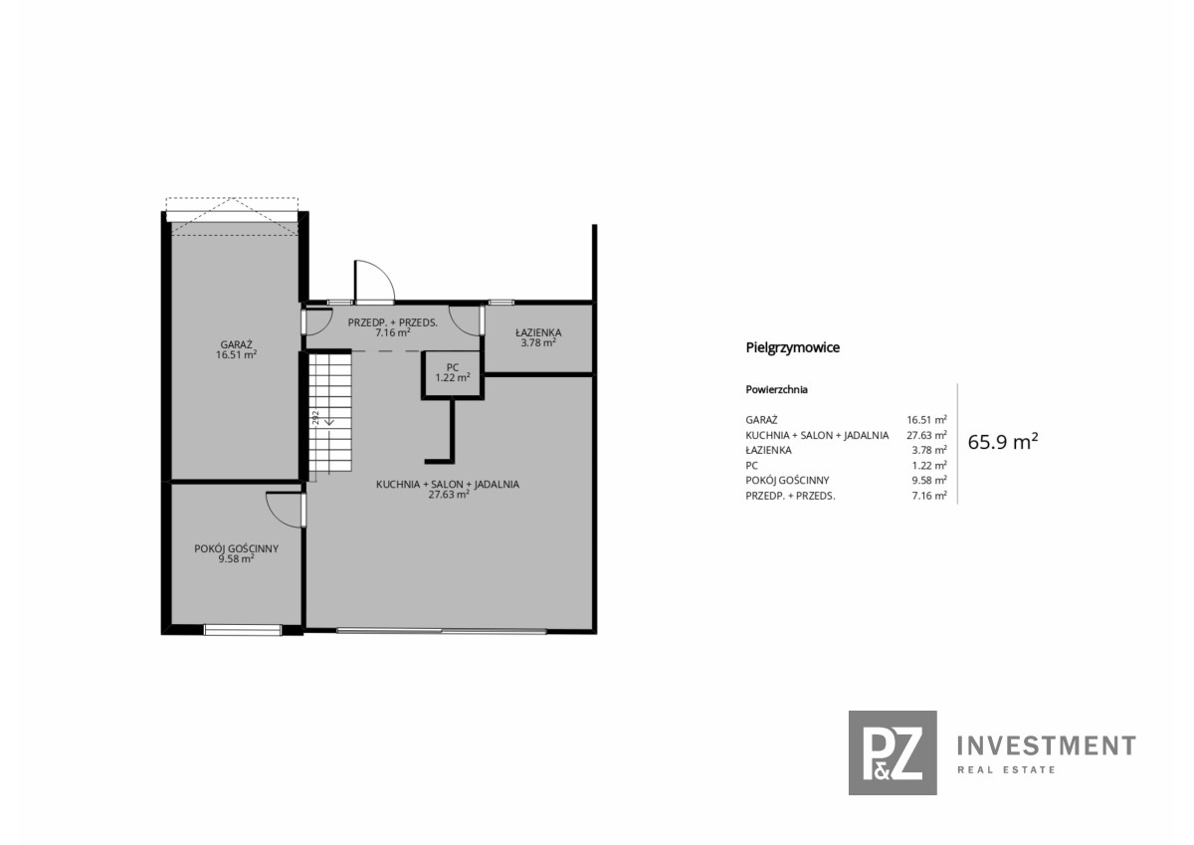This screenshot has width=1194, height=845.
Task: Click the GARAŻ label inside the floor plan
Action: [236, 345]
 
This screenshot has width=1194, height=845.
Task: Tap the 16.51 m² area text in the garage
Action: [236, 355]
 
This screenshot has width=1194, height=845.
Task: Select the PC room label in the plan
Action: [453, 367]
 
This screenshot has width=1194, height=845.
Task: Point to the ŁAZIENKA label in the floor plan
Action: [538, 332]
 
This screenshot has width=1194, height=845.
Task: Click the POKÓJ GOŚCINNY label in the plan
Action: [236, 548]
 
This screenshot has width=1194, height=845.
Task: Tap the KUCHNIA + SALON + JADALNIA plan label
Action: [448, 485]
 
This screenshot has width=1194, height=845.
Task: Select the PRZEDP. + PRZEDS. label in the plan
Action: [393, 322]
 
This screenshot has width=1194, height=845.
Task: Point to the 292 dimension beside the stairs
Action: [315, 417]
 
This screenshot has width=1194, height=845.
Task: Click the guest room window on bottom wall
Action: [243, 631]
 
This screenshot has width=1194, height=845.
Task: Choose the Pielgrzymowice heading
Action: [793, 347]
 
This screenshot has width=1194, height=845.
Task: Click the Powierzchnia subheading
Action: [777, 390]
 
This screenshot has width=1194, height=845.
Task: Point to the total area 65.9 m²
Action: [1003, 442]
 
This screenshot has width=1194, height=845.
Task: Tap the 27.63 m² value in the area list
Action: [927, 435]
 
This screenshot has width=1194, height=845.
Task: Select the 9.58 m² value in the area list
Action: [929, 481]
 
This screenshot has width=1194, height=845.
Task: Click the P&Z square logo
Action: [893, 752]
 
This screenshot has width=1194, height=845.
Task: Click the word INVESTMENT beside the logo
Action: [1047, 745]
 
